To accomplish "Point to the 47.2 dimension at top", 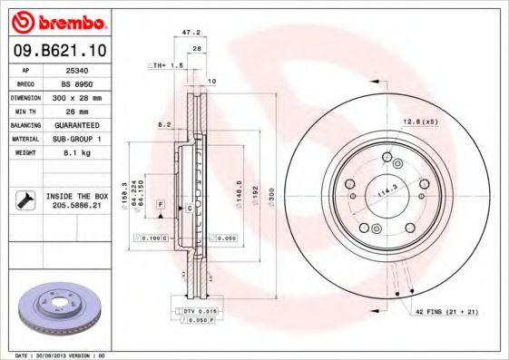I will pos(191,32).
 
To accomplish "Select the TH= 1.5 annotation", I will pos(167,66).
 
